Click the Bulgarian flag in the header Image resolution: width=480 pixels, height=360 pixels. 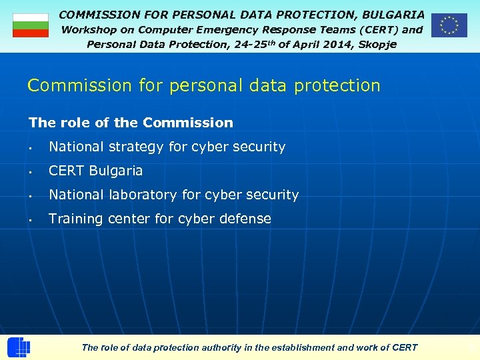coord(31,25)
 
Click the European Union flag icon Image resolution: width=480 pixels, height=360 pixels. coord(449,25)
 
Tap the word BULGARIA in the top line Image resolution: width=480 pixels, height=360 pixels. coord(393,14)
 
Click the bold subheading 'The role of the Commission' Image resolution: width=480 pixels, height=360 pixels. coord(131,123)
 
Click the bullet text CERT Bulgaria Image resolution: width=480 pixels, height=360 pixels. coord(96,171)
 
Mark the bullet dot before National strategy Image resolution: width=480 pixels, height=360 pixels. coord(31,147)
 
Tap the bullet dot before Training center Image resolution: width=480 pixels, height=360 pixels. coord(31,219)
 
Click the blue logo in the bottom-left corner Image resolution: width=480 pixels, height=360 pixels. coord(19,347)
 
